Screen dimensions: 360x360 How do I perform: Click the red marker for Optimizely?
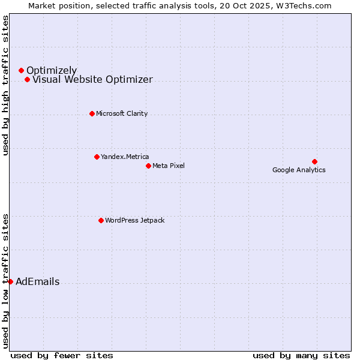coord(21,71)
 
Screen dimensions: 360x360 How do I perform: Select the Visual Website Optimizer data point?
coord(27,80)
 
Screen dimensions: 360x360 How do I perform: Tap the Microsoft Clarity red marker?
coord(92,113)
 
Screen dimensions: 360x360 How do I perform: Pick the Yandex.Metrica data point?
coord(97,157)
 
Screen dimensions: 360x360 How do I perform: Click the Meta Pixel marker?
coord(148,166)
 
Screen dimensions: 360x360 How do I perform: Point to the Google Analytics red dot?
coord(314,161)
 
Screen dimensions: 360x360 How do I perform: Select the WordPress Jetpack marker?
coord(101,220)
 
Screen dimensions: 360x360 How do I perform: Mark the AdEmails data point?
coord(10,281)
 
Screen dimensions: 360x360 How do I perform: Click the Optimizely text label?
coord(52,71)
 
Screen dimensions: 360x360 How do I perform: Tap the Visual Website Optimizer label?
coord(92,80)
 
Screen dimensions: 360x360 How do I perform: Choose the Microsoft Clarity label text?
coord(122,114)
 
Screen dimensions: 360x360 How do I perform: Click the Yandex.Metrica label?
coord(125,157)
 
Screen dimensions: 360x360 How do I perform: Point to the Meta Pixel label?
coord(169,166)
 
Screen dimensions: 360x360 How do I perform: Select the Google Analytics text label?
coord(299,170)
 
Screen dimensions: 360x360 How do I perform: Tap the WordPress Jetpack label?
coord(134,221)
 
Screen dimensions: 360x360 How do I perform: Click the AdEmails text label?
coord(37,282)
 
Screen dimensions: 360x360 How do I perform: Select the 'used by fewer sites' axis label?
coord(62,355)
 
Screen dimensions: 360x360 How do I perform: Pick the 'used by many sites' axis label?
coord(301,355)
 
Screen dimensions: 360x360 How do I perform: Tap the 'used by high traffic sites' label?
coord(6,86)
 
